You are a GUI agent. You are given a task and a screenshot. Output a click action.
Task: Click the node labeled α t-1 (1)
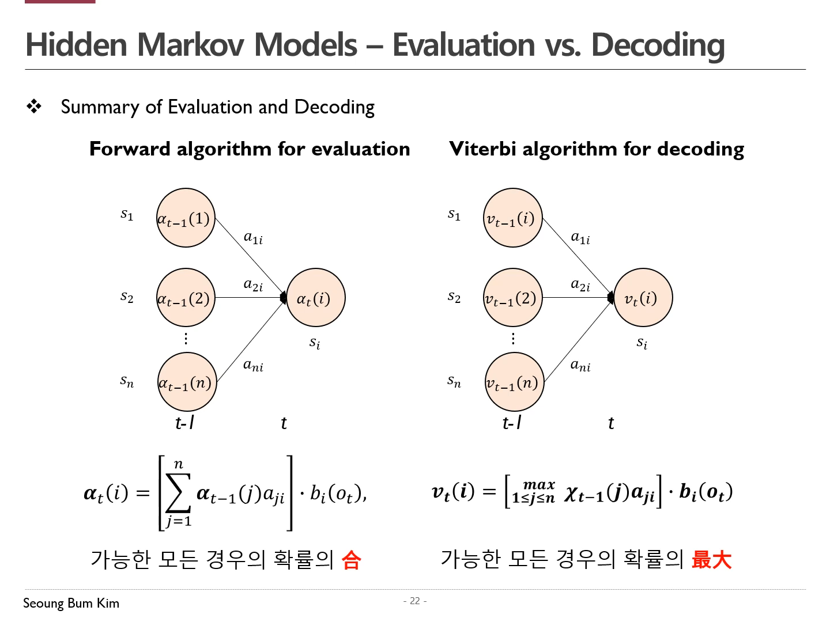[186, 218]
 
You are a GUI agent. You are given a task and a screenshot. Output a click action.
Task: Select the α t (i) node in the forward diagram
[315, 298]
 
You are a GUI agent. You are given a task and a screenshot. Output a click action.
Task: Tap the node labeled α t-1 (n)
[187, 382]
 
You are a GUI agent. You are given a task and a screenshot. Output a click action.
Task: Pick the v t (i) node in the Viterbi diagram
[643, 298]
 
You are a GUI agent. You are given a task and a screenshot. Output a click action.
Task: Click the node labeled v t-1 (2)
[512, 298]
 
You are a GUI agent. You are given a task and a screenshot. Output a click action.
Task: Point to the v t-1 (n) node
[514, 382]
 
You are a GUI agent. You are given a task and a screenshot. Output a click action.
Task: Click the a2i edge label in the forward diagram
[253, 285]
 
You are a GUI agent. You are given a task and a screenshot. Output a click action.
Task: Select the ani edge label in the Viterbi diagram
[580, 365]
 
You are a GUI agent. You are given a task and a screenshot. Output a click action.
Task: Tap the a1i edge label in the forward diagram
[253, 237]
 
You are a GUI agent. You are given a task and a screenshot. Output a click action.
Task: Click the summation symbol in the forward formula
[178, 493]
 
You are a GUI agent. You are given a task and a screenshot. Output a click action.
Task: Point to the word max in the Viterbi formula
[539, 485]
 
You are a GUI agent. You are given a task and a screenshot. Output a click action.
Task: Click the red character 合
[351, 559]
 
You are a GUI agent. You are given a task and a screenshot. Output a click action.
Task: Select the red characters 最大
[711, 559]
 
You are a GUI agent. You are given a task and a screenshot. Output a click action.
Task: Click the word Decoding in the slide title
[658, 45]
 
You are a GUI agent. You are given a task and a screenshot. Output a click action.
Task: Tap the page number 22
[415, 601]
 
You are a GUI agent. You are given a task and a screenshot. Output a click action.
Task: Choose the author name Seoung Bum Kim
[71, 603]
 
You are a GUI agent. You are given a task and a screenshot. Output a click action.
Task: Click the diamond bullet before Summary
[34, 107]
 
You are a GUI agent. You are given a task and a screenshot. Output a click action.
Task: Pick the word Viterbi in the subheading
[482, 149]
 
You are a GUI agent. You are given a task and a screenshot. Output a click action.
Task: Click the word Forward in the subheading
[130, 149]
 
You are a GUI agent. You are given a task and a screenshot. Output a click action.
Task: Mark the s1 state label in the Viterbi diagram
[454, 215]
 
